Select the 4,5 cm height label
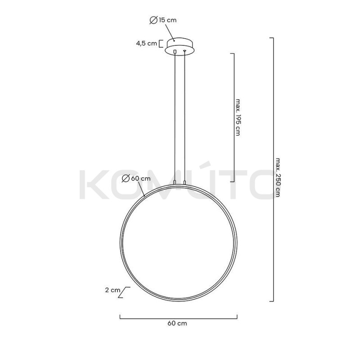tap(146, 44)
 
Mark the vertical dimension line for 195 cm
tap(234, 117)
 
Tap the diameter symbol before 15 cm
tap(153, 20)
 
